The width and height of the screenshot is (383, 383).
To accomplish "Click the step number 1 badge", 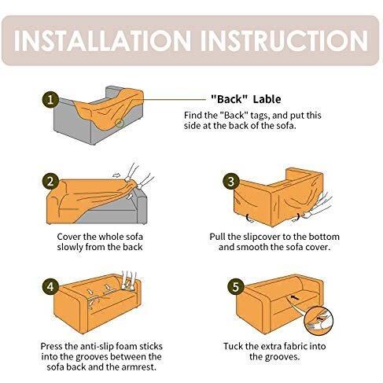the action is pos(50,100).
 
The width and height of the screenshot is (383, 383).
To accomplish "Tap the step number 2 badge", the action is pos(50,182).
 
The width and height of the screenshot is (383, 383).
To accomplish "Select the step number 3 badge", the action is pos(230,182).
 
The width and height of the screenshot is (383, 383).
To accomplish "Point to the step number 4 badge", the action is pos(50,286).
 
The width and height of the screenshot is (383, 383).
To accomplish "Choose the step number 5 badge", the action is pos(235,287).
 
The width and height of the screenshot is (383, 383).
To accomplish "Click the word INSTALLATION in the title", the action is pos(102,41).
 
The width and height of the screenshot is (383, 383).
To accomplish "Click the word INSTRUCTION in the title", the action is pos(285,41).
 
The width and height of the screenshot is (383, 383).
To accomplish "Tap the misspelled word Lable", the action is pos(267,99).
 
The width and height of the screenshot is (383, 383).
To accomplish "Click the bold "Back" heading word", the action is pos(229,99).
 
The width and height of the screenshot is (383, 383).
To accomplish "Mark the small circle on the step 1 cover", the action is pos(120,123).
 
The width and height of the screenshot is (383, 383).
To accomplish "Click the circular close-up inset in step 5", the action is pos(319,321).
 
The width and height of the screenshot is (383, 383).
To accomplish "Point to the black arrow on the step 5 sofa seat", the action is pos(294,297).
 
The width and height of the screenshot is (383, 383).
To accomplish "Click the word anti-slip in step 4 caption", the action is pos(97,346).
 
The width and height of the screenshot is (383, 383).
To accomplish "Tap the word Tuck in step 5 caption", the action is pos(234,346).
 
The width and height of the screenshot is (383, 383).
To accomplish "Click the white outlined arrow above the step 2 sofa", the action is pos(116,175).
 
